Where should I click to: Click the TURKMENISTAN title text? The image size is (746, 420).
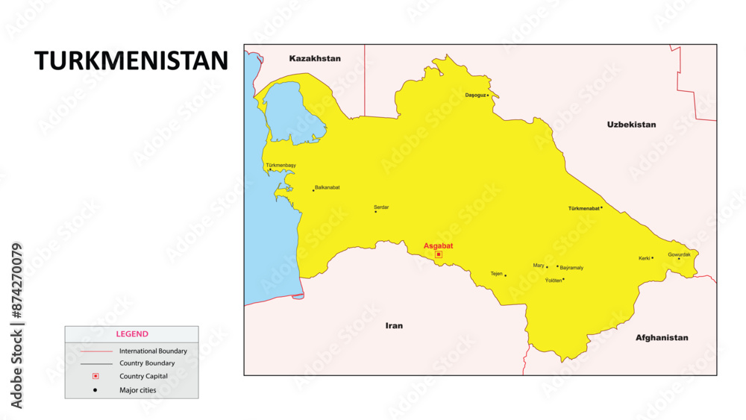coord(131,61)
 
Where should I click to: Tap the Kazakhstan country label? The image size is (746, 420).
coord(315,58)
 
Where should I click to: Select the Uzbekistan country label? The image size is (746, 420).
coord(631,125)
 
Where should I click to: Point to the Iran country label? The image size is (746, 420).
coord(394,325)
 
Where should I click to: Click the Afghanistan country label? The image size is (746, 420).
coord(662,337)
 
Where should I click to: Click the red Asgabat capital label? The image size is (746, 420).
coord(438,245)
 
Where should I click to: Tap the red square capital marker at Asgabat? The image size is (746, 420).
coord(439,254)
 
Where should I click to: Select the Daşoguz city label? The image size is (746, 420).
coord(475,95)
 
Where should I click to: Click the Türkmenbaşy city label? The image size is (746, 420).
coord(280,165)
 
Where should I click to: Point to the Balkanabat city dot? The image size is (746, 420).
coord(313,190)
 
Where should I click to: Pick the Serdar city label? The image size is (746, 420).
coord(381,207)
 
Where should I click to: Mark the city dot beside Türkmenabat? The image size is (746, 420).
coord(601,208)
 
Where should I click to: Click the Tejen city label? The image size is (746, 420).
coord(496,273)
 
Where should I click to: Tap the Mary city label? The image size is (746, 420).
coord(539,266)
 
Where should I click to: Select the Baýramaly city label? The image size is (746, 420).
coord(571,267)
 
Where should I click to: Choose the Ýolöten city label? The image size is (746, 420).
coord(553,280)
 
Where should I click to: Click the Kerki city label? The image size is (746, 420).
coord(645,258)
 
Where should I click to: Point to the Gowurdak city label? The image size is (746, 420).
coord(679,254)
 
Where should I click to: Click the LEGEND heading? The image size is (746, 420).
coord(131,334)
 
